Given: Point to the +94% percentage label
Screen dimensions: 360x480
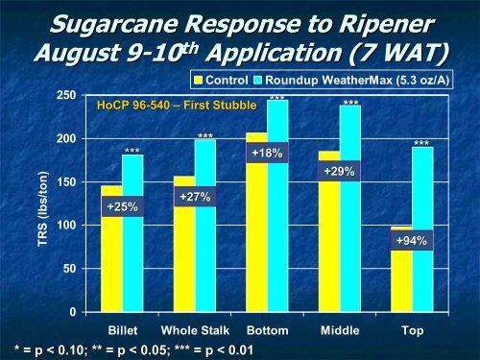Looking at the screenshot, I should click(412, 240).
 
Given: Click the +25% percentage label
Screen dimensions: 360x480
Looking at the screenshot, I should click(122, 205).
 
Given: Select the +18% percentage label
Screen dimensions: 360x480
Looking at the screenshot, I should click(267, 153).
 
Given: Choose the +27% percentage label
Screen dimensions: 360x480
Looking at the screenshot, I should click(194, 197).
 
